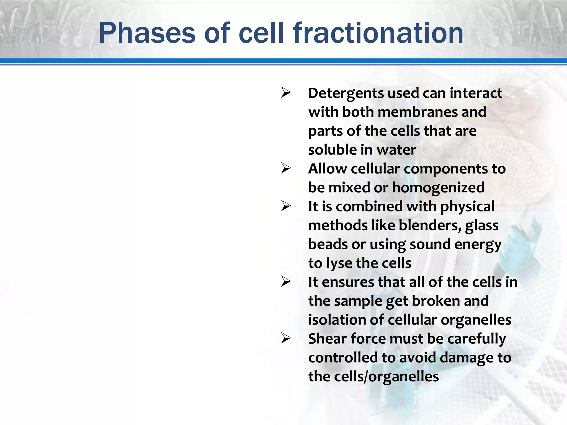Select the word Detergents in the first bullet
[x=346, y=94]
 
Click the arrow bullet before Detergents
[x=286, y=92]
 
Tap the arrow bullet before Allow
[x=286, y=168]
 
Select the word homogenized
[x=438, y=188]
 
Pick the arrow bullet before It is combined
[x=286, y=206]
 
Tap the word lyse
[x=339, y=264]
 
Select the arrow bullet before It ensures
[x=286, y=281]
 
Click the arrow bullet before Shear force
[x=286, y=338]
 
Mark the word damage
[x=466, y=358]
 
